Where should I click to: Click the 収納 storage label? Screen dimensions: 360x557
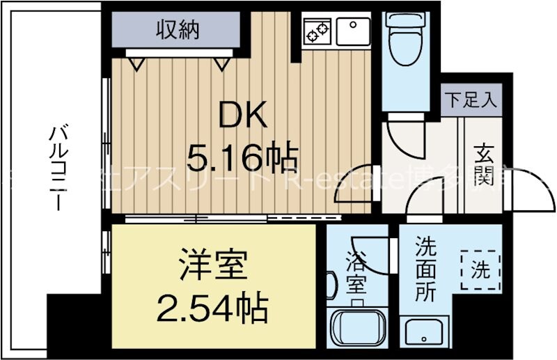pyautogui.click(x=178, y=30)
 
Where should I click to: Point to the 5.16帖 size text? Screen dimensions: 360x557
pyautogui.click(x=243, y=159)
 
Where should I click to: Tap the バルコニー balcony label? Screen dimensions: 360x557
pyautogui.click(x=58, y=167)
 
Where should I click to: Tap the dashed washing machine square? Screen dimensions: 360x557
pyautogui.click(x=480, y=269)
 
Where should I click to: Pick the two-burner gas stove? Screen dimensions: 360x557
pyautogui.click(x=317, y=31)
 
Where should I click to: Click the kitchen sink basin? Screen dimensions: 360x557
pyautogui.click(x=354, y=31)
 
